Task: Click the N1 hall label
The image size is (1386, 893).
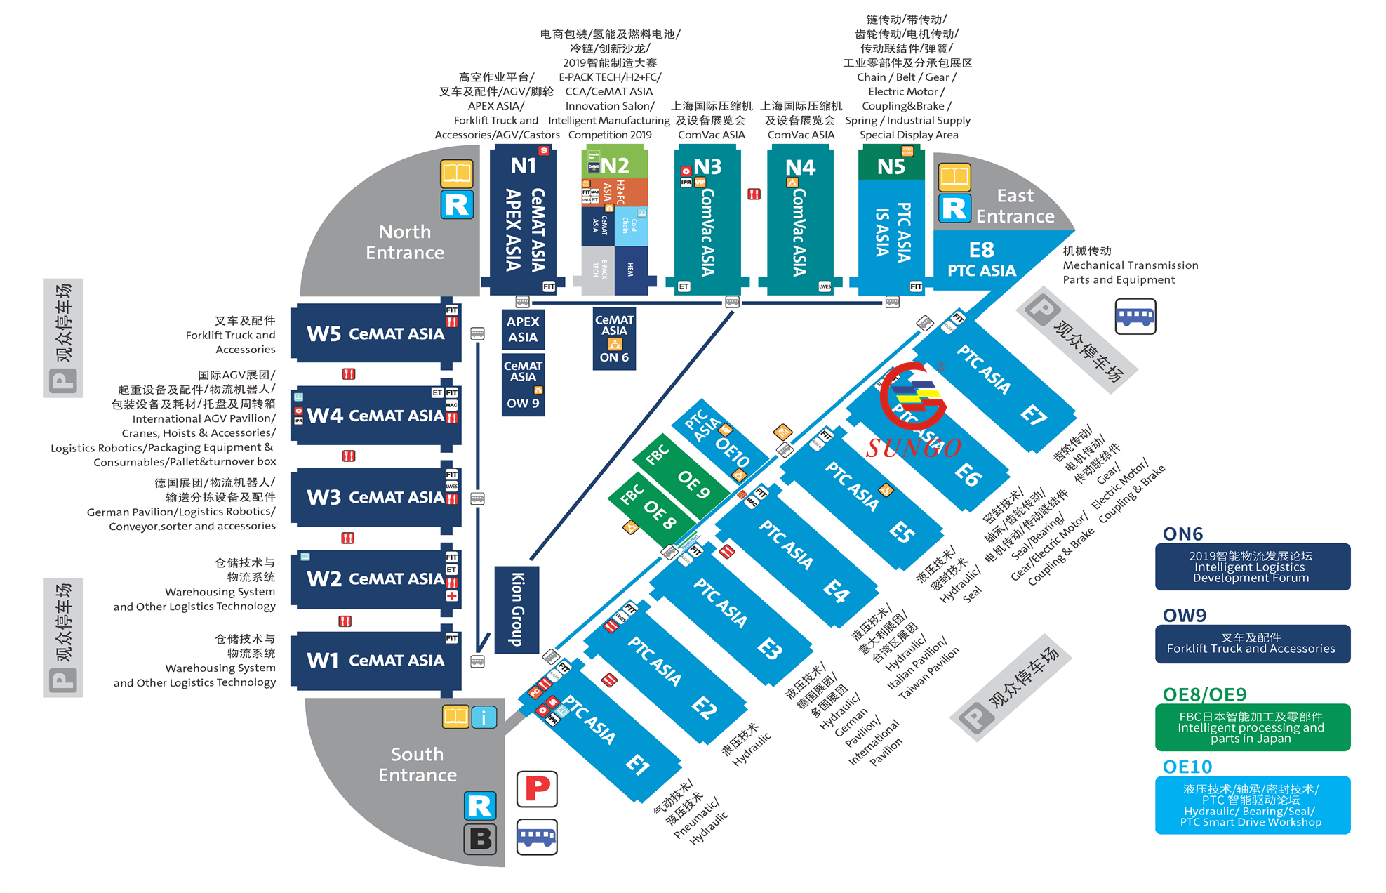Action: pyautogui.click(x=524, y=166)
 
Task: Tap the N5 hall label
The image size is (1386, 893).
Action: pyautogui.click(x=891, y=167)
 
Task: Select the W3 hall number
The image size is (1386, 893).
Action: pyautogui.click(x=324, y=498)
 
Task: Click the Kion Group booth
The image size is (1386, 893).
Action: pyautogui.click(x=517, y=609)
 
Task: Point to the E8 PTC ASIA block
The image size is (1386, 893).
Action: pyautogui.click(x=981, y=260)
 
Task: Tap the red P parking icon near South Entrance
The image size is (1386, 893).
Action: pyautogui.click(x=537, y=788)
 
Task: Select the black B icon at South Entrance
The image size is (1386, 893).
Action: pyautogui.click(x=480, y=839)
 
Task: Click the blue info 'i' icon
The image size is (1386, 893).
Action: pyautogui.click(x=484, y=717)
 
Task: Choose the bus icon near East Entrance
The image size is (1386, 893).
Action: pyautogui.click(x=1135, y=316)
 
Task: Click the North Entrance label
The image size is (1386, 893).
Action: pyautogui.click(x=405, y=242)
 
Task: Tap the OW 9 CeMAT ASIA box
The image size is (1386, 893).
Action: pyautogui.click(x=523, y=385)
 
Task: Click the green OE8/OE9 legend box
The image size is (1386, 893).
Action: pyautogui.click(x=1252, y=727)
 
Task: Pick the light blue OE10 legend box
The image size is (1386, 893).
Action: pyautogui.click(x=1252, y=805)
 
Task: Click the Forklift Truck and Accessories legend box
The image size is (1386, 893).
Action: pyautogui.click(x=1252, y=644)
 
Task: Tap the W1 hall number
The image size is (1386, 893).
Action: pyautogui.click(x=323, y=661)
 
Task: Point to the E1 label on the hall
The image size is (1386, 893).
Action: pyautogui.click(x=637, y=764)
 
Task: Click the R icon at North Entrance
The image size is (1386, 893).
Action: pyautogui.click(x=457, y=205)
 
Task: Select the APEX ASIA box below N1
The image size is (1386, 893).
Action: pyautogui.click(x=523, y=329)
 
